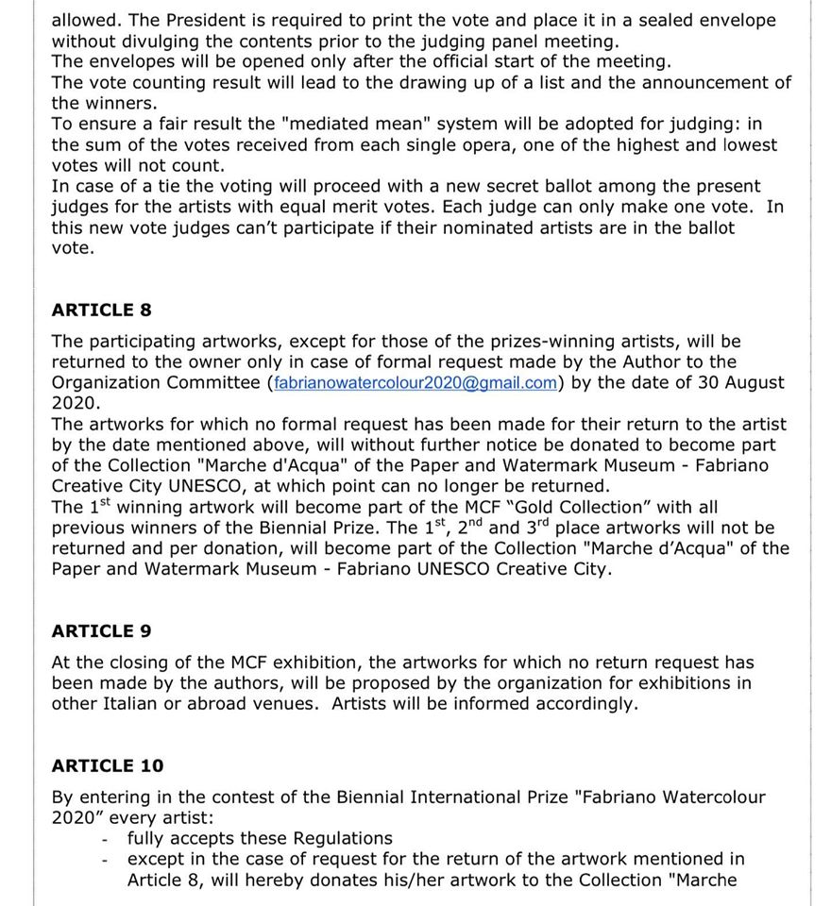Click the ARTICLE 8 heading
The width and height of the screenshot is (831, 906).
click(x=101, y=310)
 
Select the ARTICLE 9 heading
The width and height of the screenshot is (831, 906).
click(x=101, y=631)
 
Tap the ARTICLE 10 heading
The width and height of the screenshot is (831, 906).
click(x=107, y=765)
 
